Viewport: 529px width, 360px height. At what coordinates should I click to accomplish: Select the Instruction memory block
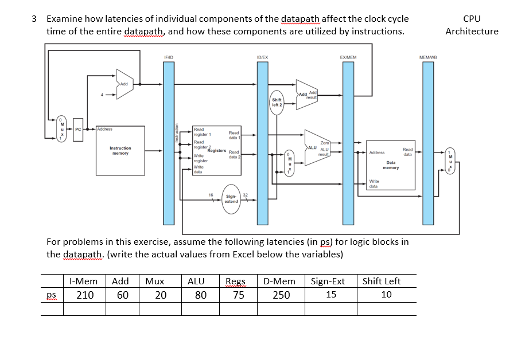coord(120,150)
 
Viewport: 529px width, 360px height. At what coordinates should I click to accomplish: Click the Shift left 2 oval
coord(277,103)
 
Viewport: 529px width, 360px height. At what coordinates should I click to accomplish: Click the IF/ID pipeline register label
coord(168,58)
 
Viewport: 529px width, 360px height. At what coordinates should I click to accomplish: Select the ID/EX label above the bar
coord(263,58)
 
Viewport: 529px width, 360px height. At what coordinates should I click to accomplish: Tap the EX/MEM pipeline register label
coord(348,58)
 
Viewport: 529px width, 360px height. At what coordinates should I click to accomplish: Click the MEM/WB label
coord(428,58)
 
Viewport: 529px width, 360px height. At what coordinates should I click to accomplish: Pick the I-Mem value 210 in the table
coord(85,295)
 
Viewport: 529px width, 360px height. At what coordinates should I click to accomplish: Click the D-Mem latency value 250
coord(281,295)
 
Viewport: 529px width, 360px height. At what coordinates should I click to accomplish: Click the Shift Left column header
coord(382,281)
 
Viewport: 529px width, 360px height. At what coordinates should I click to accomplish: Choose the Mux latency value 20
coord(161,295)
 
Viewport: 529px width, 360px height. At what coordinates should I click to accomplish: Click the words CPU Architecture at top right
coord(472,25)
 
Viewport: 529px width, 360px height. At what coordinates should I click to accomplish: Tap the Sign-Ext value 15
coord(331,295)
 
